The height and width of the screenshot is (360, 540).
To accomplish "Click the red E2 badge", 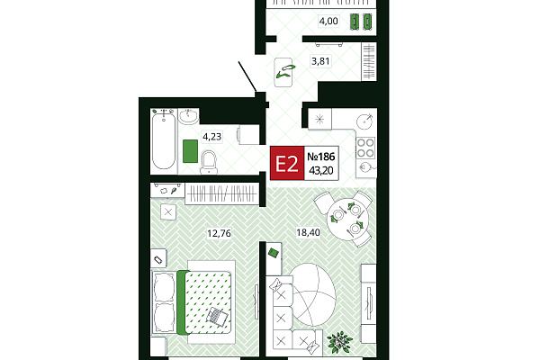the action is [287, 163].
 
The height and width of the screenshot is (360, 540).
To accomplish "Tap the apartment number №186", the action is [321, 157].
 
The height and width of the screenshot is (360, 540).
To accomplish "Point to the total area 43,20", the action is [321, 170].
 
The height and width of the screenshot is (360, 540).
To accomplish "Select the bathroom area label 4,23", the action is [211, 137].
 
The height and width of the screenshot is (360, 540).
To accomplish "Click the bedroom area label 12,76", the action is [219, 234].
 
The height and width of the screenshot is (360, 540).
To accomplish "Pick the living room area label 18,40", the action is [308, 232].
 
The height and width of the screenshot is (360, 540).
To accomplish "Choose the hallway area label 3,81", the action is [320, 61].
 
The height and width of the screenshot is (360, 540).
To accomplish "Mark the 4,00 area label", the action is [328, 22].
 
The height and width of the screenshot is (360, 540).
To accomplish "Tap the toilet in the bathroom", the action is [209, 162].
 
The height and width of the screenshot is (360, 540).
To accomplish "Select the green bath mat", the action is [190, 151].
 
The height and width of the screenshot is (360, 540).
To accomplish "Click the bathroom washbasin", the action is [188, 116].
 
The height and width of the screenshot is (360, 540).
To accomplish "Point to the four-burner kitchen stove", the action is [365, 148].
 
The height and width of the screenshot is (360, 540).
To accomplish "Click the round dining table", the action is [347, 220].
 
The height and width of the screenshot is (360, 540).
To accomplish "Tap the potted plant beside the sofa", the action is [339, 342].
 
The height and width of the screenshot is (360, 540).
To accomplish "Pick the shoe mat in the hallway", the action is [283, 72].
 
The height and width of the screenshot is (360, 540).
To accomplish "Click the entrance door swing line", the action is [247, 76].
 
